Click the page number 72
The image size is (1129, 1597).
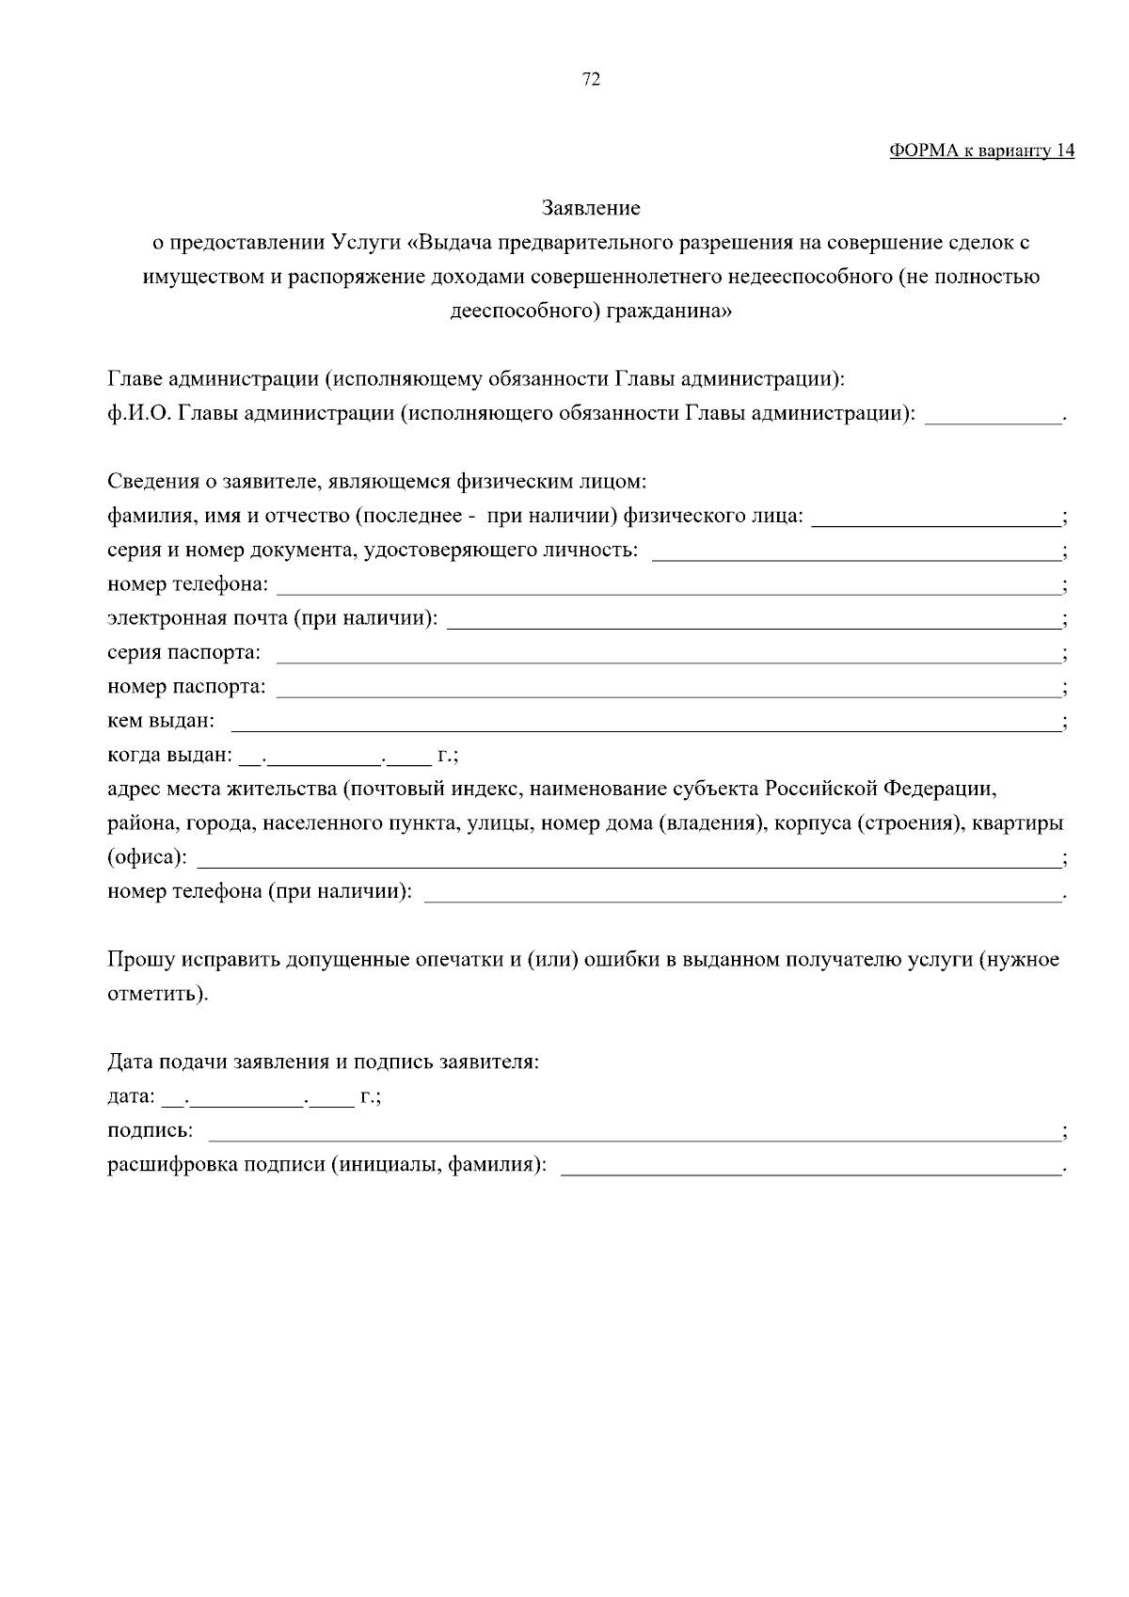tap(591, 80)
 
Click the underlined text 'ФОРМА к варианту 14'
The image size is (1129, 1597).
tap(981, 152)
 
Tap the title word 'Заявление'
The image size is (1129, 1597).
tap(591, 208)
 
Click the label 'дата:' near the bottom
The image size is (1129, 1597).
tap(131, 1097)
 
